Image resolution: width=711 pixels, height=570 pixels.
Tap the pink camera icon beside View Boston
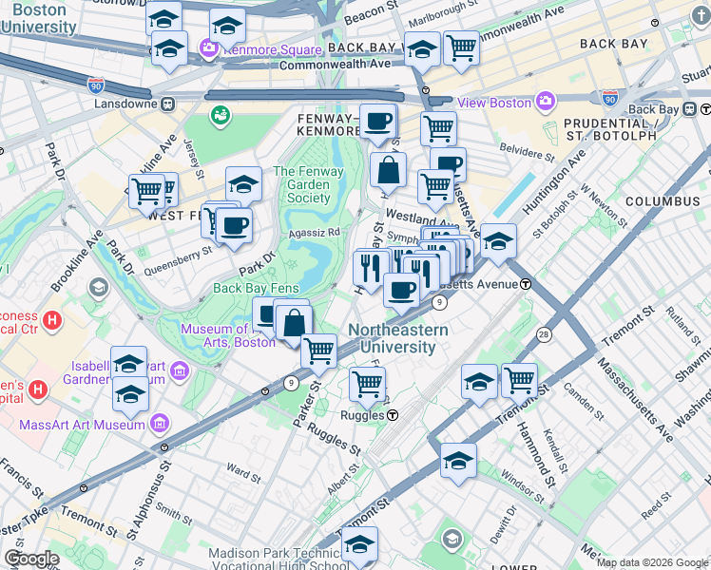546,101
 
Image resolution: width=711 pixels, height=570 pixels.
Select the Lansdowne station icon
167,103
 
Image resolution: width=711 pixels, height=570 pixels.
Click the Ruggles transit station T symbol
392,415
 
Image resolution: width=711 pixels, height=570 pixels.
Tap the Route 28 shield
544,334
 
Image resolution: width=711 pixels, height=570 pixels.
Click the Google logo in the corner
31,559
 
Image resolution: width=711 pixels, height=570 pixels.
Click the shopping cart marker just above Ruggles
367,383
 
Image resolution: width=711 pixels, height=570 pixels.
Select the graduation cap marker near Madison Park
359,544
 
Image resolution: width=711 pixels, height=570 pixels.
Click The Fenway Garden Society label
301,184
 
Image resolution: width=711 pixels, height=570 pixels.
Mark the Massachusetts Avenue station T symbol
525,284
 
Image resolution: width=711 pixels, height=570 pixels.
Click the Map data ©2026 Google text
653,562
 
